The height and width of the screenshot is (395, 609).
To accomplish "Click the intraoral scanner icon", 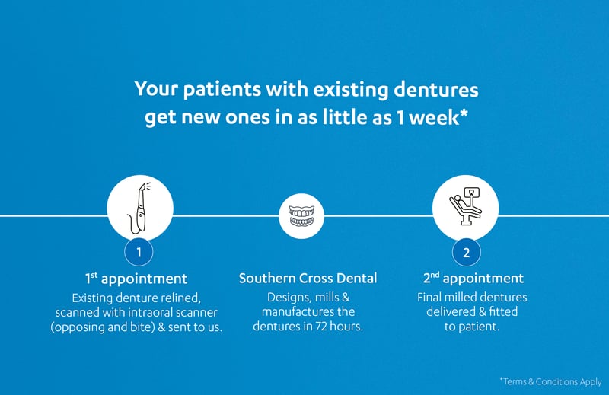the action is pyautogui.click(x=139, y=209).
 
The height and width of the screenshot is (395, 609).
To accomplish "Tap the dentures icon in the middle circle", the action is pyautogui.click(x=301, y=216).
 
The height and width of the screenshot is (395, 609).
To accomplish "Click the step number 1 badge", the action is pyautogui.click(x=139, y=252).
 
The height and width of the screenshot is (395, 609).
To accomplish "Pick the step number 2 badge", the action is pyautogui.click(x=467, y=253).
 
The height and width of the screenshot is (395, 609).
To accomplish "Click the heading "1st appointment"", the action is pyautogui.click(x=136, y=278).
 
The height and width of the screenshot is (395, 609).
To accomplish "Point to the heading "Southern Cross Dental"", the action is pyautogui.click(x=308, y=278).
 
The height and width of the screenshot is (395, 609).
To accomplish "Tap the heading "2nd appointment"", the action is pyautogui.click(x=473, y=278).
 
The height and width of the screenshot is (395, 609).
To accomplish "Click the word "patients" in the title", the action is pyautogui.click(x=222, y=90).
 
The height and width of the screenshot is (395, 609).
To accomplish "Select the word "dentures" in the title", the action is pyautogui.click(x=435, y=89).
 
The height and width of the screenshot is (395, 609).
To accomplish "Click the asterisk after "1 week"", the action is pyautogui.click(x=464, y=113).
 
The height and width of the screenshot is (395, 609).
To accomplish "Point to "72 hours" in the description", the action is pyautogui.click(x=339, y=326).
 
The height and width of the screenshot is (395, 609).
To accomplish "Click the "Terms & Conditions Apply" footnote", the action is pyautogui.click(x=550, y=382).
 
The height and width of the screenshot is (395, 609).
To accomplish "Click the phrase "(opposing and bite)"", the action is pyautogui.click(x=103, y=327).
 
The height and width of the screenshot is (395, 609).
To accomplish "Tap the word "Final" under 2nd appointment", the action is pyautogui.click(x=429, y=298).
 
